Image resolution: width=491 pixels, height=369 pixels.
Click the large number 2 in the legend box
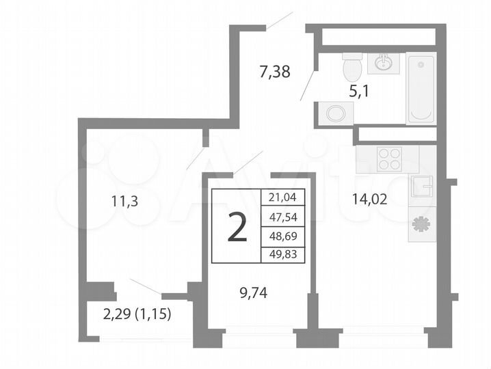(x=237, y=228)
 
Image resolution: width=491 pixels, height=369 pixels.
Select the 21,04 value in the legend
(x=283, y=198)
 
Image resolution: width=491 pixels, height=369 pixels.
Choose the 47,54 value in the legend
(x=283, y=218)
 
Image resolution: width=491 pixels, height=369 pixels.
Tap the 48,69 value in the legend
(x=283, y=237)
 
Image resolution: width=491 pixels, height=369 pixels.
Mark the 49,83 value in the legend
(x=283, y=256)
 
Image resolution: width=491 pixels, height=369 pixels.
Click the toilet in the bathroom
(x=352, y=67)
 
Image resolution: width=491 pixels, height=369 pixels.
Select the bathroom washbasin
(x=382, y=64)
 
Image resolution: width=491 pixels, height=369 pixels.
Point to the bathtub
(x=421, y=89)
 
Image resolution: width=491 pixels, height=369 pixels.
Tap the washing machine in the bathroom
(x=335, y=113)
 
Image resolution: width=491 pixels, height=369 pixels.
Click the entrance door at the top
(x=280, y=20)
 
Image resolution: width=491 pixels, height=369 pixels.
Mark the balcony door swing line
(x=145, y=287)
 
